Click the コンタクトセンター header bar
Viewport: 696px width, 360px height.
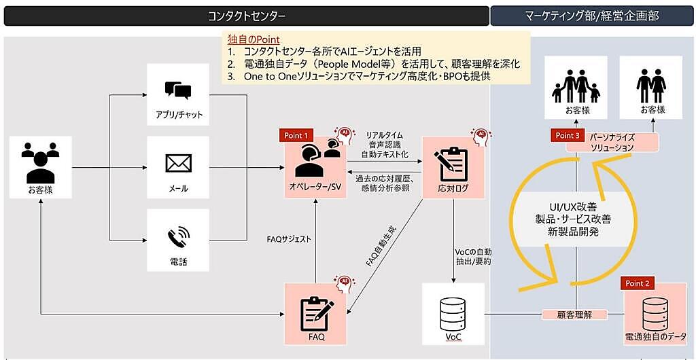click(246, 16)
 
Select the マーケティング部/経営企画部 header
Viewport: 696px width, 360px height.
click(592, 16)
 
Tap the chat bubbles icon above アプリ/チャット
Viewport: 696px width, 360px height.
click(178, 92)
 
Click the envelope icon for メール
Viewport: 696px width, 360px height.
click(178, 164)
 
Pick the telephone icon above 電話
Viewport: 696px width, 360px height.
click(178, 237)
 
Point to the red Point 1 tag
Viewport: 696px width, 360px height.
click(297, 136)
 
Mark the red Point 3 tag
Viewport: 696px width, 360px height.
click(567, 136)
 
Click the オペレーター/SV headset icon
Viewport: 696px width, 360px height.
click(315, 160)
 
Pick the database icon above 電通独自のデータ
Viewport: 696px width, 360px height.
click(656, 310)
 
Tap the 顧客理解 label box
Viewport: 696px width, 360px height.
click(574, 314)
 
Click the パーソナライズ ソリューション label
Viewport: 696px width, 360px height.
click(612, 142)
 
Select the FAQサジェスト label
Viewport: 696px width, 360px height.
click(290, 238)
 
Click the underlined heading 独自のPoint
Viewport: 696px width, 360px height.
click(254, 39)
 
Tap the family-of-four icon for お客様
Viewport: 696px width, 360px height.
click(576, 88)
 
